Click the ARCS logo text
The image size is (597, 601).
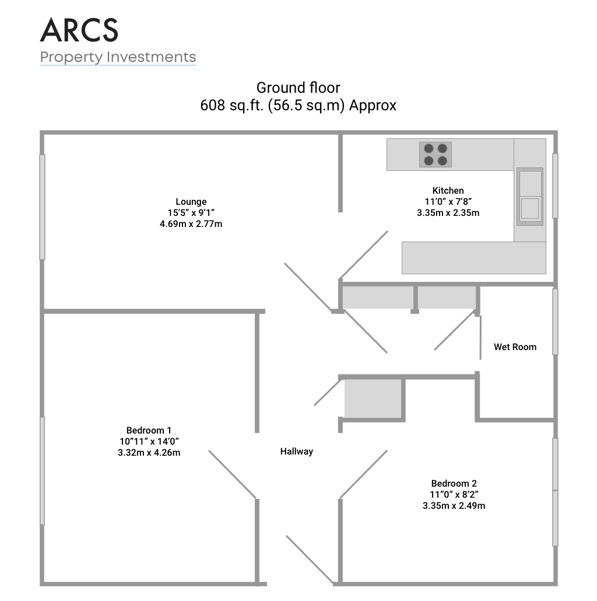pos(79,30)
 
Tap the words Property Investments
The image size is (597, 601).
pos(118,57)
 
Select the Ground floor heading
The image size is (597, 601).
pos(298,88)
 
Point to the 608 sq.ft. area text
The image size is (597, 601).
pos(298,105)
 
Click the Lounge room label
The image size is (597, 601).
pos(191,202)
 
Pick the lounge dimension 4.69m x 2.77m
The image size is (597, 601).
pos(191,224)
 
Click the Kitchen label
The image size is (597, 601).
pos(448,190)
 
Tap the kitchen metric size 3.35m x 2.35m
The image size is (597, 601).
pos(448,213)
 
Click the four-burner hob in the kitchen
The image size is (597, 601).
pos(436,155)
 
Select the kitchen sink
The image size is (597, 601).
pos(530,196)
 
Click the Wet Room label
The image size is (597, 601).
pos(515,347)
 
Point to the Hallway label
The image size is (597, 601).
pos(296,452)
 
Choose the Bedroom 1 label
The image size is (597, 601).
pos(149,431)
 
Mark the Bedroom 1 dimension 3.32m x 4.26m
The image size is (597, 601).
pos(149,453)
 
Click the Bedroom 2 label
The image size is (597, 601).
pos(454,484)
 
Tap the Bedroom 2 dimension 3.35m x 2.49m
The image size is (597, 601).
pos(454,506)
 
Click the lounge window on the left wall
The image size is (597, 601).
pos(43,207)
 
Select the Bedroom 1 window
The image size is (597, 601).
pos(43,471)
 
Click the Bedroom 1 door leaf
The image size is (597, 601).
pos(233,474)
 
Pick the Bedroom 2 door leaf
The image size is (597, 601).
pos(363,474)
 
